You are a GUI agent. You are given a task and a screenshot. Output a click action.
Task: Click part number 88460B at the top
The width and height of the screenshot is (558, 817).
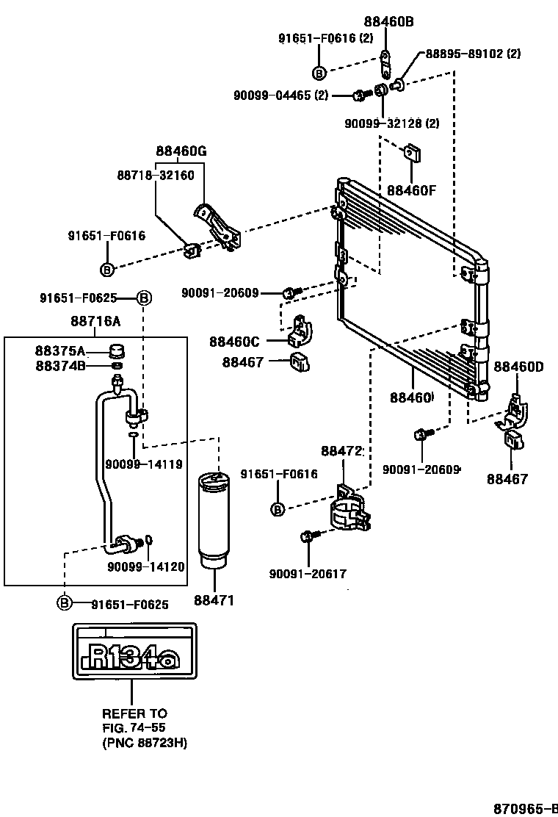[x=388, y=21]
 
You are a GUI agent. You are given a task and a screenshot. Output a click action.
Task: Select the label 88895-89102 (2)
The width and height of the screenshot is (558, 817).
[x=473, y=53]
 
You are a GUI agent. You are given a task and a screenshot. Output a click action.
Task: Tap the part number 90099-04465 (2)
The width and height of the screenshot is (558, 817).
[x=280, y=96]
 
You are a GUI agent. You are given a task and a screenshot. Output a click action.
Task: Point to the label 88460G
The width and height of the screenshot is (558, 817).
[x=181, y=151]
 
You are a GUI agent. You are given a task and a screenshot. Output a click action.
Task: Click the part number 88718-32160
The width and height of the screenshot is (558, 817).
[x=155, y=175]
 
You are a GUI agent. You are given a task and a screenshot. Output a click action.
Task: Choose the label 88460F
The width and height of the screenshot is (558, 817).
[x=410, y=191]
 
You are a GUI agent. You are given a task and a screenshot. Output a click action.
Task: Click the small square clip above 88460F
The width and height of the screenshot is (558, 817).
[x=412, y=154]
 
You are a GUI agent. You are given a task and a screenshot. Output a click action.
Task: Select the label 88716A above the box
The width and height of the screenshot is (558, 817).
[x=95, y=321]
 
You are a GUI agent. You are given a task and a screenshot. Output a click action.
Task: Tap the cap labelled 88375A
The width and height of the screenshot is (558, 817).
[x=117, y=350]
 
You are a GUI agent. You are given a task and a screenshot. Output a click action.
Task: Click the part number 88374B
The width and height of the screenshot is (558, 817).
[x=60, y=366]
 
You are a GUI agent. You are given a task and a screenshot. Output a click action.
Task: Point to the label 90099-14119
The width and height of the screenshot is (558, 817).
[x=144, y=464]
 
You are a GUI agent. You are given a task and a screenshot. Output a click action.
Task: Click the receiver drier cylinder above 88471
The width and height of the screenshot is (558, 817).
[x=214, y=519]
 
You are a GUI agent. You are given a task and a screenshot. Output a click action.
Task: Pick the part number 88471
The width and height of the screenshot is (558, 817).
[x=214, y=600]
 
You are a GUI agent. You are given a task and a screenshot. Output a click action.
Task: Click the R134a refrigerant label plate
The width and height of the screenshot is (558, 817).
[x=134, y=651]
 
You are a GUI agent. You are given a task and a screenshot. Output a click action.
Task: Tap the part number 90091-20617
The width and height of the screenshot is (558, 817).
[x=308, y=574]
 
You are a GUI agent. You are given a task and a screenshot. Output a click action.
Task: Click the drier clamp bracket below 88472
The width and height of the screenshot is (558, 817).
[x=351, y=508]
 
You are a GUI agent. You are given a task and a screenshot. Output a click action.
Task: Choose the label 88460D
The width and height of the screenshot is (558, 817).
[x=518, y=367]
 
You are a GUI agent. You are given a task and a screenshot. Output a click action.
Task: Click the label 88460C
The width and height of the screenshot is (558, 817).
[x=234, y=342]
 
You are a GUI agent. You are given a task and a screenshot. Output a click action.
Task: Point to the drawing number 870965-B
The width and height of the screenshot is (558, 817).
[x=525, y=808]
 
